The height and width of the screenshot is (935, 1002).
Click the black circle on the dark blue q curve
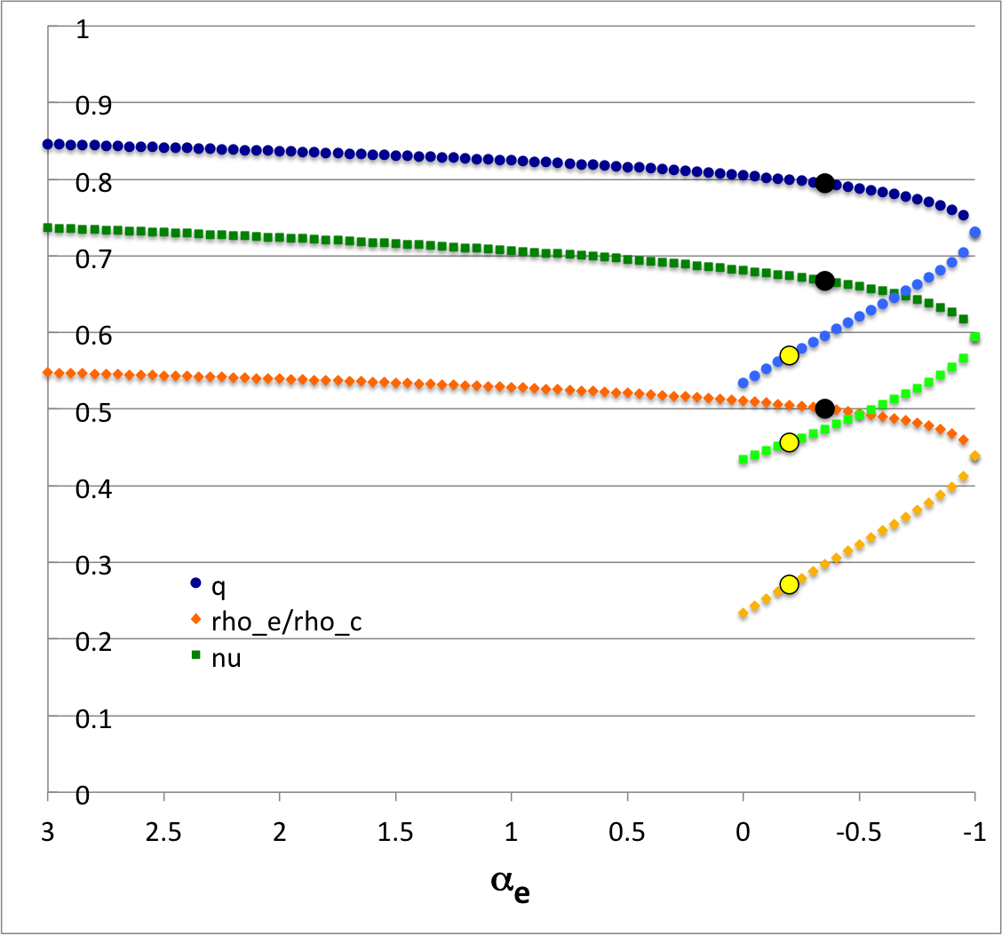824,183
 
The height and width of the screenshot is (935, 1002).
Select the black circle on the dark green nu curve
824,281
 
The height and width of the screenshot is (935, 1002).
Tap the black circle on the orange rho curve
824,408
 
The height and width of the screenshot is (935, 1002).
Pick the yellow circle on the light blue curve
789,355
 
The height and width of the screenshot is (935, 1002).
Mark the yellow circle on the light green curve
789,442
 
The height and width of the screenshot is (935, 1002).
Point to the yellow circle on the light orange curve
789,584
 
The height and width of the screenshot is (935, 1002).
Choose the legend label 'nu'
228,659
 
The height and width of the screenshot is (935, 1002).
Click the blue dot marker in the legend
195,583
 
